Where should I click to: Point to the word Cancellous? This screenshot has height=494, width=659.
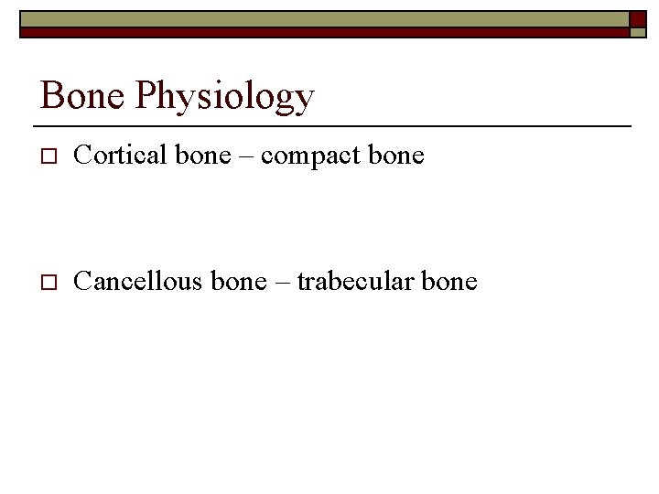[137, 281]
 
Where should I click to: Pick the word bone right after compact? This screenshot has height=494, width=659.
[395, 156]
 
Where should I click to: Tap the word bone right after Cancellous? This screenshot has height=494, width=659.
[238, 281]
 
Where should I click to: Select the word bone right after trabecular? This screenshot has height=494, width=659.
[448, 281]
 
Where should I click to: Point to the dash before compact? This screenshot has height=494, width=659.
[246, 157]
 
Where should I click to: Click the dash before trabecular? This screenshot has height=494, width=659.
[281, 283]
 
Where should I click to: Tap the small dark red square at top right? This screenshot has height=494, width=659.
[636, 18]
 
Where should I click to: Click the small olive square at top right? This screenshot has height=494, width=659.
[636, 32]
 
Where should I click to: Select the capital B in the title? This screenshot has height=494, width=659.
[51, 95]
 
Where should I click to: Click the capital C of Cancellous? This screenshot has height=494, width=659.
[81, 281]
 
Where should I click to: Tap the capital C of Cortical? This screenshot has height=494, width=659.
[81, 156]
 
